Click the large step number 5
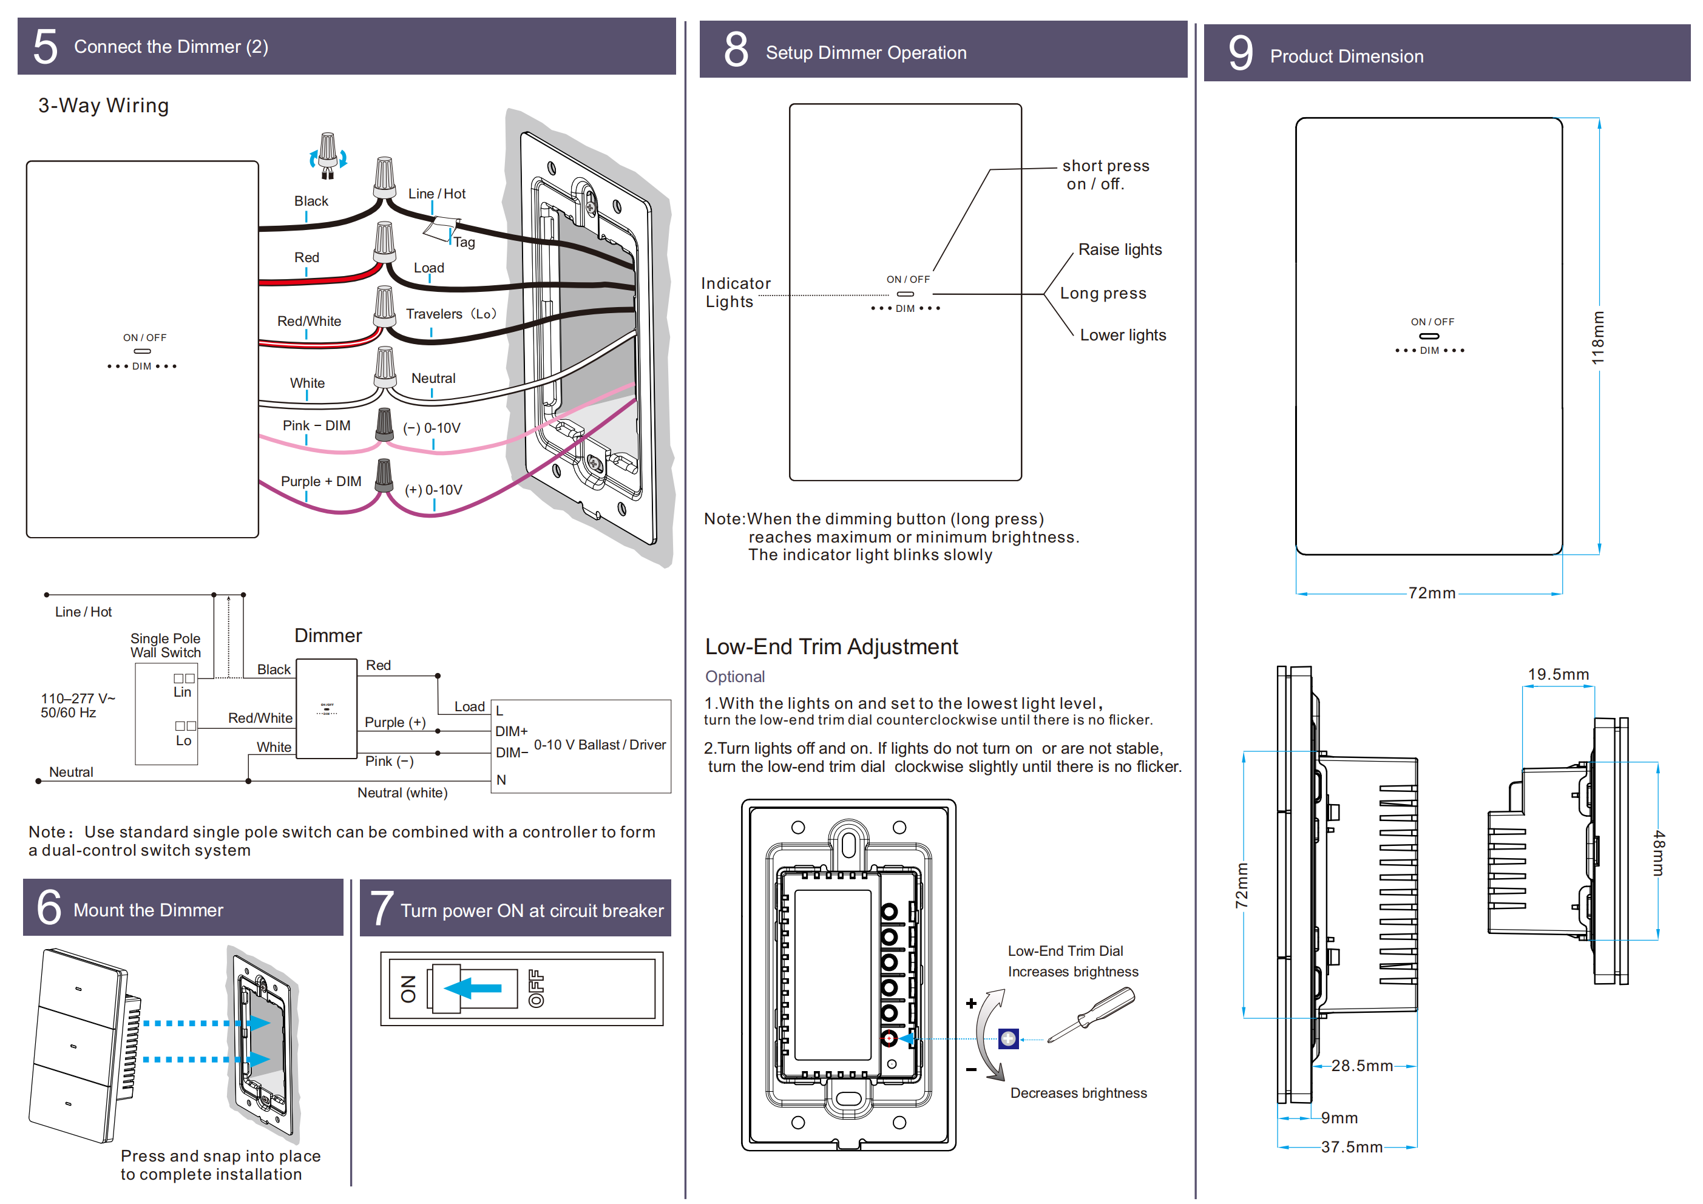tap(46, 47)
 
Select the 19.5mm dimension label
tap(1559, 674)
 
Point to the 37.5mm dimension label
tap(1352, 1147)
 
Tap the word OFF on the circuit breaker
tap(535, 988)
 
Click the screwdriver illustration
tap(1091, 1014)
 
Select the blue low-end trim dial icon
tap(1008, 1038)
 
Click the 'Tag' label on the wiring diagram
tap(464, 242)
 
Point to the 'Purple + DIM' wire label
tap(321, 481)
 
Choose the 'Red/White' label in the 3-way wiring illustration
tap(310, 321)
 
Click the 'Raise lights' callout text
tap(1120, 249)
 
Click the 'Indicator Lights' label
tap(735, 293)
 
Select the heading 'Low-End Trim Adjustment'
tap(831, 646)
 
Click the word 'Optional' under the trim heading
tap(734, 677)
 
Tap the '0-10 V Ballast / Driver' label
tap(599, 744)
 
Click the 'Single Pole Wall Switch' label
tap(166, 646)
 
